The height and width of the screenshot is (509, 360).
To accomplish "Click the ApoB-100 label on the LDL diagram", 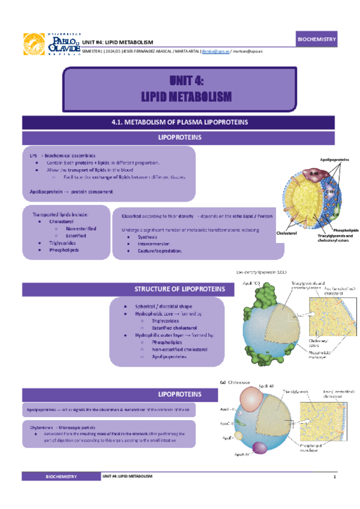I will click(251, 283).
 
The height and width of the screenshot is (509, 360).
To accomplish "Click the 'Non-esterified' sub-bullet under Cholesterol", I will click(80, 229).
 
